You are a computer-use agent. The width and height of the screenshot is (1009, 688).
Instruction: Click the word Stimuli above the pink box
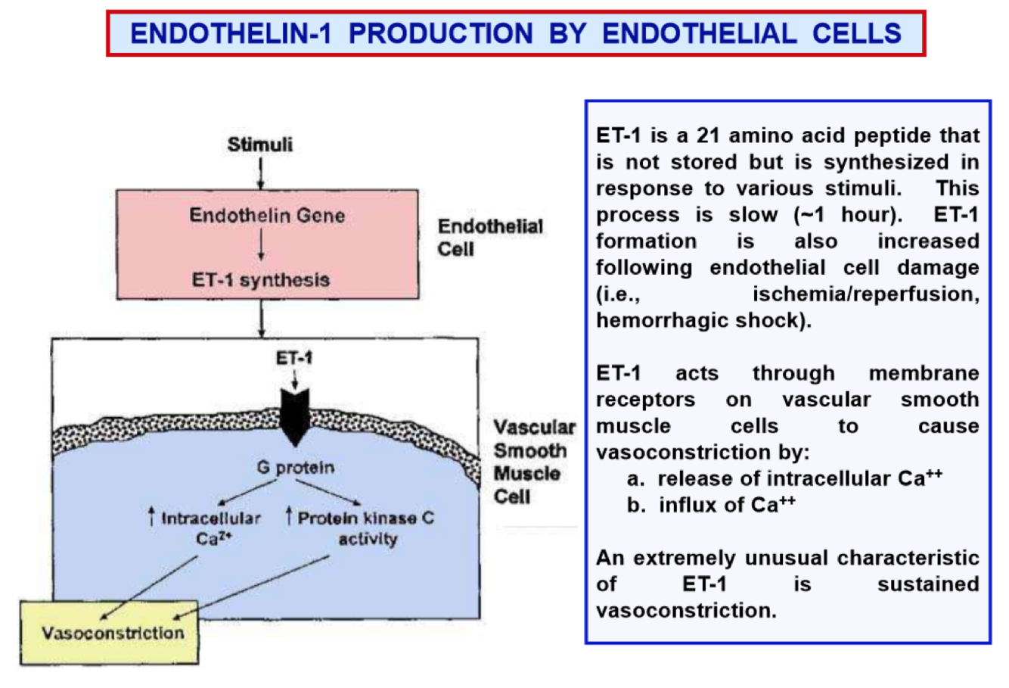click(259, 145)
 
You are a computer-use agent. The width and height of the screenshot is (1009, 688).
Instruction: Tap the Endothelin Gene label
click(267, 216)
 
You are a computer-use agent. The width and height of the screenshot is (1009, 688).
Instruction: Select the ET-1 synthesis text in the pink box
click(261, 280)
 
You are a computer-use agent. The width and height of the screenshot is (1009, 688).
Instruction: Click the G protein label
click(294, 468)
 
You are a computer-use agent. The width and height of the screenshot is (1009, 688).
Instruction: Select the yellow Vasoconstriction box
click(110, 633)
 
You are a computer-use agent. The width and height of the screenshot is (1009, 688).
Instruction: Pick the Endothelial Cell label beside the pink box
click(489, 237)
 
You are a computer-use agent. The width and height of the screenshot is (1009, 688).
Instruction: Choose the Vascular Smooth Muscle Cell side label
click(532, 462)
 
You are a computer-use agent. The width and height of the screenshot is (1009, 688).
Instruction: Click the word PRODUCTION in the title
click(441, 33)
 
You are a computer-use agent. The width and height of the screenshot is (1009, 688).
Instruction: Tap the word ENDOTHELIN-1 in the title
click(231, 33)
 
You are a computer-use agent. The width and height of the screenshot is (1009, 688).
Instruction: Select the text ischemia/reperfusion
click(865, 294)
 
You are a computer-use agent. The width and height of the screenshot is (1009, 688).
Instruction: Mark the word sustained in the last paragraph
click(928, 584)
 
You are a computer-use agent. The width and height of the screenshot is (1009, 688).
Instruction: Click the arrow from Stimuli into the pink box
click(261, 173)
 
